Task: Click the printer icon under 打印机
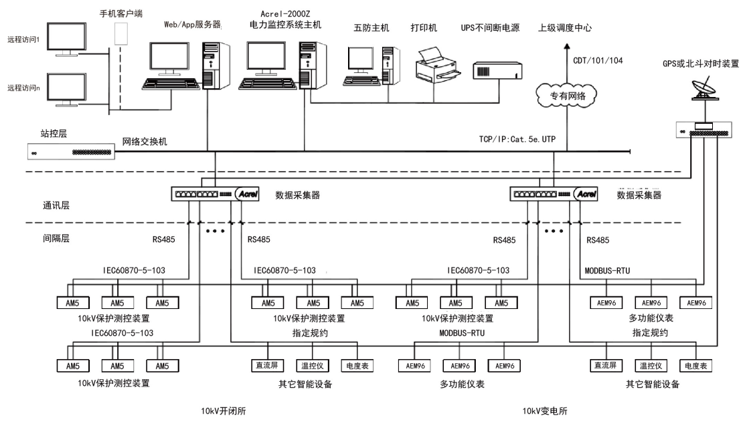click(435, 63)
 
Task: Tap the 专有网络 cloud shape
click(566, 95)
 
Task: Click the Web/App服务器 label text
click(192, 24)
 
